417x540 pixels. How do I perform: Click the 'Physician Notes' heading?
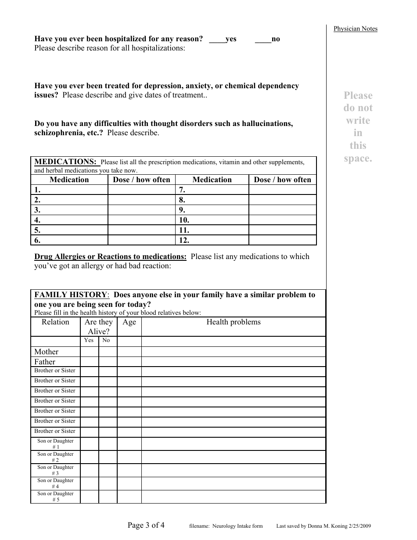pos(355,29)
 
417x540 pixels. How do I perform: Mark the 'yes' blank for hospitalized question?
pos(217,40)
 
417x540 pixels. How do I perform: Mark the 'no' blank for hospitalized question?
pos(263,40)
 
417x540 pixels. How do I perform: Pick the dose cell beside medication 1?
pos(141,190)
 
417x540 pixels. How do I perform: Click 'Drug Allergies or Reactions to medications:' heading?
pos(110,256)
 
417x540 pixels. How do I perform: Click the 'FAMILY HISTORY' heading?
pos(71,295)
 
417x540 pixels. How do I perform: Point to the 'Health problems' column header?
pos(234,322)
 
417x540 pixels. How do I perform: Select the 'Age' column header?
pos(129,322)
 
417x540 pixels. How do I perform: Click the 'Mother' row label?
pos(47,352)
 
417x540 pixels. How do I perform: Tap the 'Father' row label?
pos(45,362)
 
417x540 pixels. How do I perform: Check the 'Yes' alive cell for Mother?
pos(89,352)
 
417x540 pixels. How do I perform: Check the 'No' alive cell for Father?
pos(108,362)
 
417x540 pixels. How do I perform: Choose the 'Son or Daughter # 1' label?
pos(55,444)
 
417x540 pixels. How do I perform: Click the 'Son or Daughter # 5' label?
pos(55,497)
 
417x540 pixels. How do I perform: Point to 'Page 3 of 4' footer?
pos(146,525)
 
